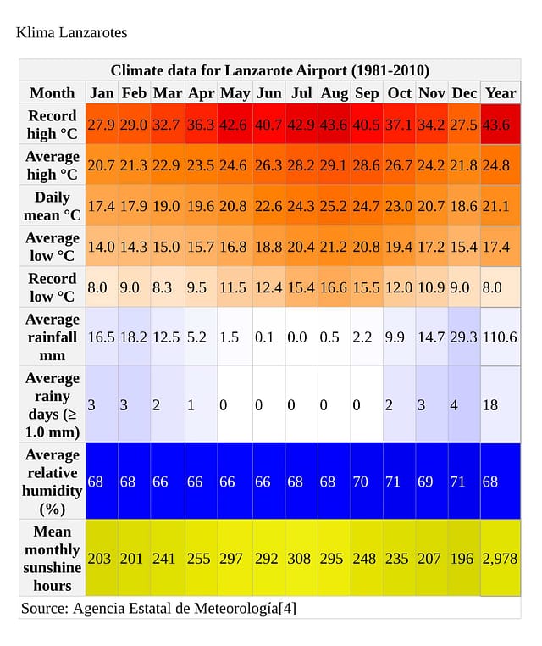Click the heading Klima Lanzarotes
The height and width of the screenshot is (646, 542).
pyautogui.click(x=72, y=33)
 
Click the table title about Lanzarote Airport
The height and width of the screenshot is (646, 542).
pyautogui.click(x=269, y=70)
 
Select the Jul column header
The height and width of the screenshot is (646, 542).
pyautogui.click(x=301, y=93)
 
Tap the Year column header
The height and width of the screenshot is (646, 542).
pyautogui.click(x=501, y=93)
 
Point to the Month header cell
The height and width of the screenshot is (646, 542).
pyautogui.click(x=53, y=93)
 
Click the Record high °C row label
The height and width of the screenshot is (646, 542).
pyautogui.click(x=53, y=125)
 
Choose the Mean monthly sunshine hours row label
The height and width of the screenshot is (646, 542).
pyautogui.click(x=53, y=558)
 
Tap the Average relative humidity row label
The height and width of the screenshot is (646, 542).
pyautogui.click(x=53, y=482)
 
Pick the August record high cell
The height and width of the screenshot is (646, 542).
pyautogui.click(x=335, y=125)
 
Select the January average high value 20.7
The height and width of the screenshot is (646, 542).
pyautogui.click(x=102, y=165)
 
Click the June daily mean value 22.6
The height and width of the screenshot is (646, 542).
pyautogui.click(x=268, y=206)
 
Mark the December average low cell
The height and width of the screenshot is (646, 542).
pyautogui.click(x=464, y=247)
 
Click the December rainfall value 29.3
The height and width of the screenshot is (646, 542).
pyautogui.click(x=464, y=337)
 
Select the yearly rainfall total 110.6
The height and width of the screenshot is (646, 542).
pyautogui.click(x=500, y=337)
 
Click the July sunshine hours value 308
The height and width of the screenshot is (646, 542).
pyautogui.click(x=301, y=559)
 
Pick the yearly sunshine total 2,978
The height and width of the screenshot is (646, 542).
pyautogui.click(x=500, y=559)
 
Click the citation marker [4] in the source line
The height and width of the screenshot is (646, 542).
pyautogui.click(x=288, y=608)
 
